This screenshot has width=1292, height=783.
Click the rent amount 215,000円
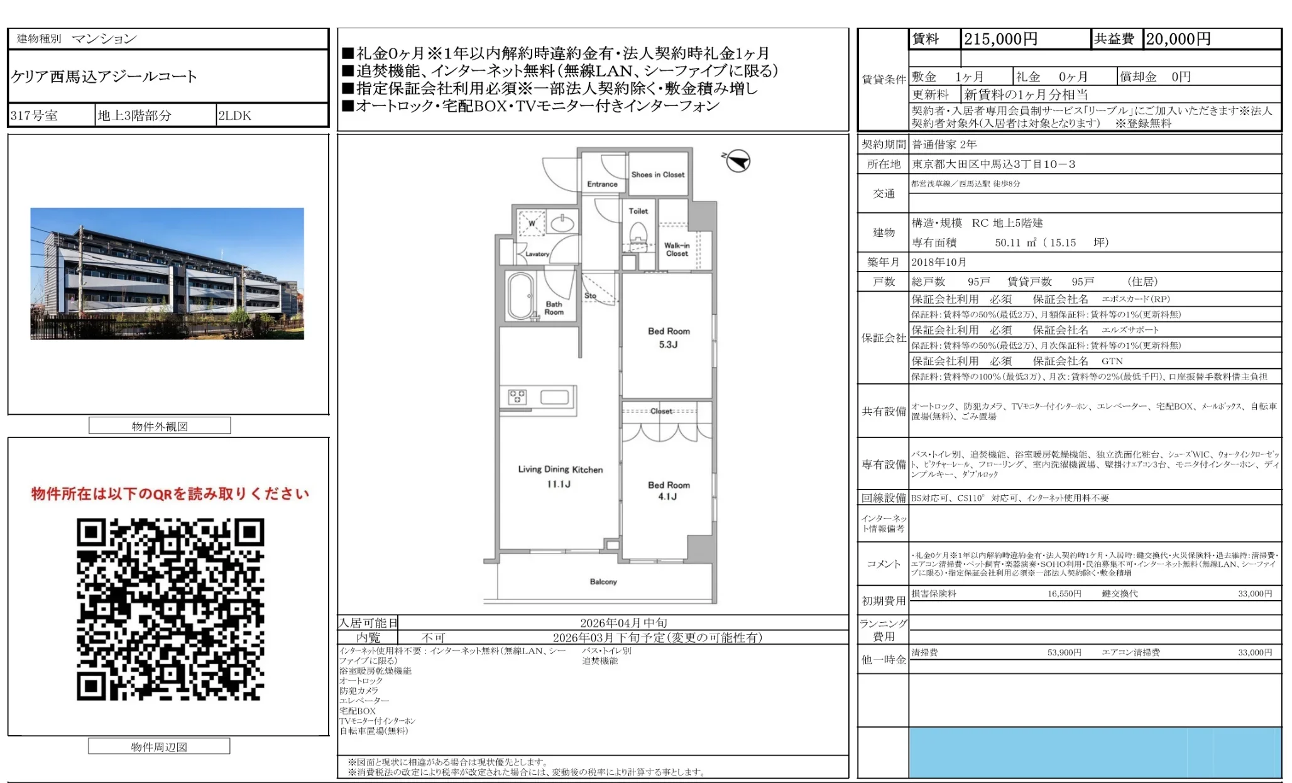pos(1000,39)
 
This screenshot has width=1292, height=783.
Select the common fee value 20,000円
pos(1178,39)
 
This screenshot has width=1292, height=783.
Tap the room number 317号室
pos(35,116)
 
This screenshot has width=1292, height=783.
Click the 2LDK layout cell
pos(234,116)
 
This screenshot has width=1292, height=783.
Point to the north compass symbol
pos(738,161)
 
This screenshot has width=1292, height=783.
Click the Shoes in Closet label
pos(657,175)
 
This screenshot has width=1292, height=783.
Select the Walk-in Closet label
pos(677,249)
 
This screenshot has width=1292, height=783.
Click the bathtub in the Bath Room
pos(520,296)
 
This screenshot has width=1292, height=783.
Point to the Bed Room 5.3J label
pos(669,337)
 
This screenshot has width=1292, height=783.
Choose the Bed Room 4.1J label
pos(669,491)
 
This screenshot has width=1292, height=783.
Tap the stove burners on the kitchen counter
pos(517,397)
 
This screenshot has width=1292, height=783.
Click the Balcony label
pos(603,582)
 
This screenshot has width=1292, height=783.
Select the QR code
pos(170,609)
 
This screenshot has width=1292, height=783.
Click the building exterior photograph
pos(167,274)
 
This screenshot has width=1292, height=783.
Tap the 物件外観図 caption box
pos(160,426)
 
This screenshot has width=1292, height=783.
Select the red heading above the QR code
pos(170,494)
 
